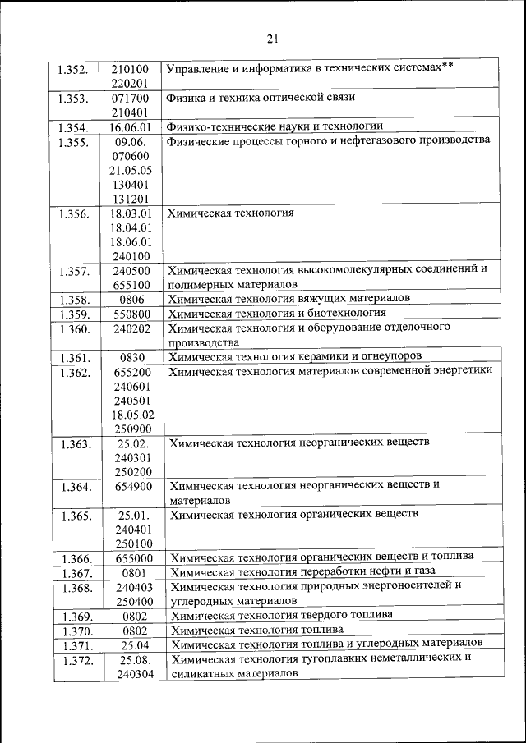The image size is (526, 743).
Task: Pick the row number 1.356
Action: [x=74, y=214]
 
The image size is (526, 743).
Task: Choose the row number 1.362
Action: [x=75, y=372]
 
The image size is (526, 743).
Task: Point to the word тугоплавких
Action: [x=339, y=658]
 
